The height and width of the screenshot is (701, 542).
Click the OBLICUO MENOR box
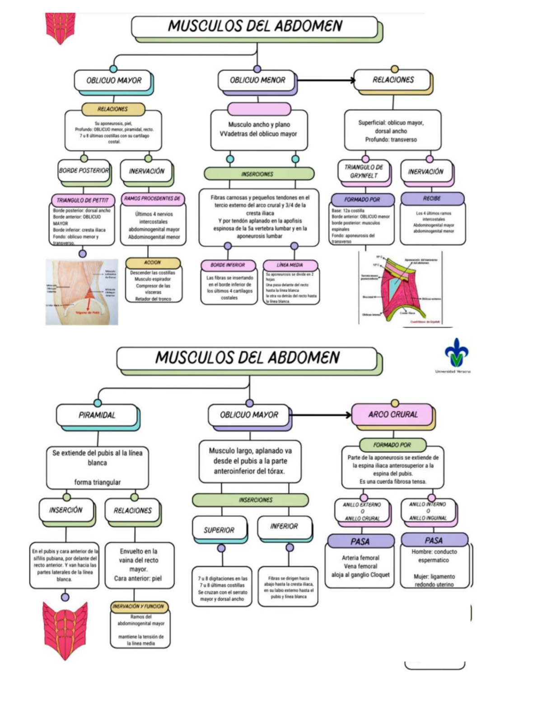[x=257, y=80]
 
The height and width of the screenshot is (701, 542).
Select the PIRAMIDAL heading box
[x=97, y=415]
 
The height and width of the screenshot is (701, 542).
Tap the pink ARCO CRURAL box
[x=392, y=414]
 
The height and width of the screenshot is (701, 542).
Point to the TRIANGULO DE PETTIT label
[x=82, y=200]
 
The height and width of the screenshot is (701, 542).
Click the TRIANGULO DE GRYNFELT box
[x=364, y=172]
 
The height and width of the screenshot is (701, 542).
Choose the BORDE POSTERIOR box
[x=84, y=171]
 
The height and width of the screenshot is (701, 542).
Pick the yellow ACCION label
[x=152, y=262]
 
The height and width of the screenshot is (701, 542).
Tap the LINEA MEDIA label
[x=290, y=265]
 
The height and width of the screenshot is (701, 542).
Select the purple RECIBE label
[x=432, y=198]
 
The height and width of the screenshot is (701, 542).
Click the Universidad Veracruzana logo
[x=456, y=353]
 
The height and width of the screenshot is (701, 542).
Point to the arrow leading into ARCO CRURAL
[x=321, y=415]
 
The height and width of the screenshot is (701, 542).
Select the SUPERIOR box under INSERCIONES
[x=219, y=529]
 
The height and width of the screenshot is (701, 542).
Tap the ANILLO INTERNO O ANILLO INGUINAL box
[x=428, y=511]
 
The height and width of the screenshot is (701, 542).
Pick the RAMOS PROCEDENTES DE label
[x=153, y=199]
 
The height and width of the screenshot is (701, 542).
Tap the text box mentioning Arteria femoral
[x=360, y=566]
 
